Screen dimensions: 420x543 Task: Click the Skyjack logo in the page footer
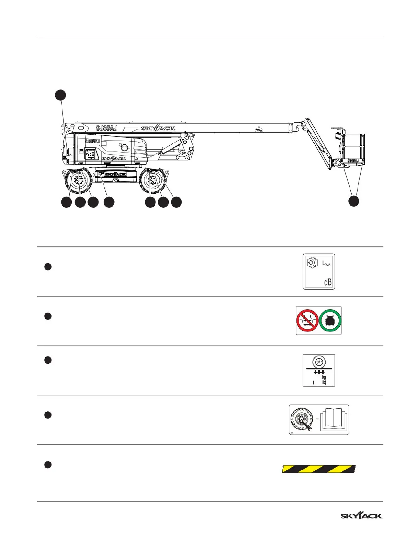pyautogui.click(x=361, y=516)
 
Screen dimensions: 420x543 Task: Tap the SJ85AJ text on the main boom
pyautogui.click(x=106, y=128)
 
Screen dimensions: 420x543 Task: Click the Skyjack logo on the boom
pyautogui.click(x=158, y=128)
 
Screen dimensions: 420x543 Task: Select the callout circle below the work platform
pyautogui.click(x=354, y=201)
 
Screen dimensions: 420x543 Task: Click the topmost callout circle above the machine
pyautogui.click(x=61, y=95)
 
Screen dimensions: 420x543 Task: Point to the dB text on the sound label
pyautogui.click(x=328, y=282)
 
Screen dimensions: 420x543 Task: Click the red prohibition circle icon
pyautogui.click(x=307, y=321)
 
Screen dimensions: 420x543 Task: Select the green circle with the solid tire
pyautogui.click(x=330, y=321)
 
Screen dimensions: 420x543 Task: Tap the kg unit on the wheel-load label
pyautogui.click(x=324, y=377)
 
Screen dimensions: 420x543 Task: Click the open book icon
pyautogui.click(x=334, y=420)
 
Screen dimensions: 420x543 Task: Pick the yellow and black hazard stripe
pyautogui.click(x=319, y=469)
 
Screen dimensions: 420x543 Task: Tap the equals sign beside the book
pyautogui.click(x=317, y=419)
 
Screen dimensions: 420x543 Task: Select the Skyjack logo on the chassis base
pyautogui.click(x=115, y=174)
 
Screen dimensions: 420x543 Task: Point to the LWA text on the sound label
pyautogui.click(x=326, y=264)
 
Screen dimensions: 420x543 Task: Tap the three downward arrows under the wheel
pyautogui.click(x=319, y=372)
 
